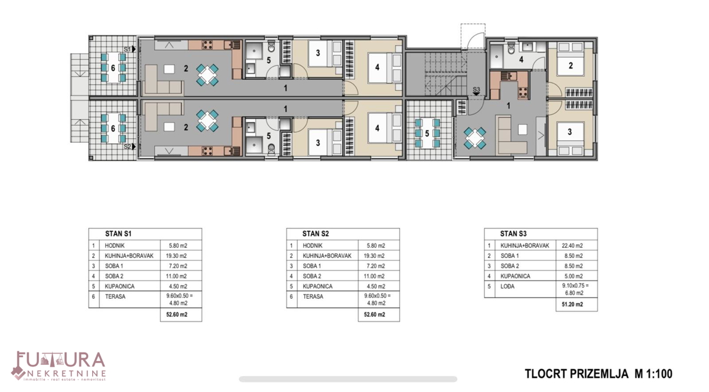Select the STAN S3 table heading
click(513, 234)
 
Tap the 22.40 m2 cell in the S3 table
click(572, 246)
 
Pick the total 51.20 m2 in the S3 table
click(572, 305)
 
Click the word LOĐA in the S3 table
click(508, 286)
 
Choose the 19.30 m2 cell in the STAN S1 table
click(175, 256)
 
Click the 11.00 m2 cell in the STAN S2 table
click(373, 276)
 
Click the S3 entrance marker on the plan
click(476, 90)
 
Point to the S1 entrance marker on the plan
click(129, 49)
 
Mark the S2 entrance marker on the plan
click(129, 146)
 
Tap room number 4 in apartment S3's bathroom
click(521, 60)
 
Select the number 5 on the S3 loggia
click(427, 133)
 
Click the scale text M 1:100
click(653, 374)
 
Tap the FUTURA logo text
click(59, 361)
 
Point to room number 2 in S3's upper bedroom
click(571, 66)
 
